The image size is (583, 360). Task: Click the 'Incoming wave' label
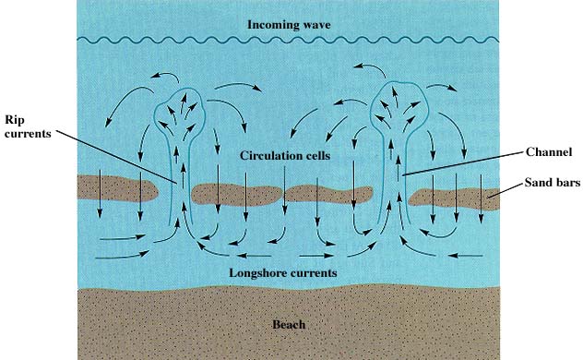coord(290,22)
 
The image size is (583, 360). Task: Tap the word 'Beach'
coord(289,324)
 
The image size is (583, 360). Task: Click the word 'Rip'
coord(15,119)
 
